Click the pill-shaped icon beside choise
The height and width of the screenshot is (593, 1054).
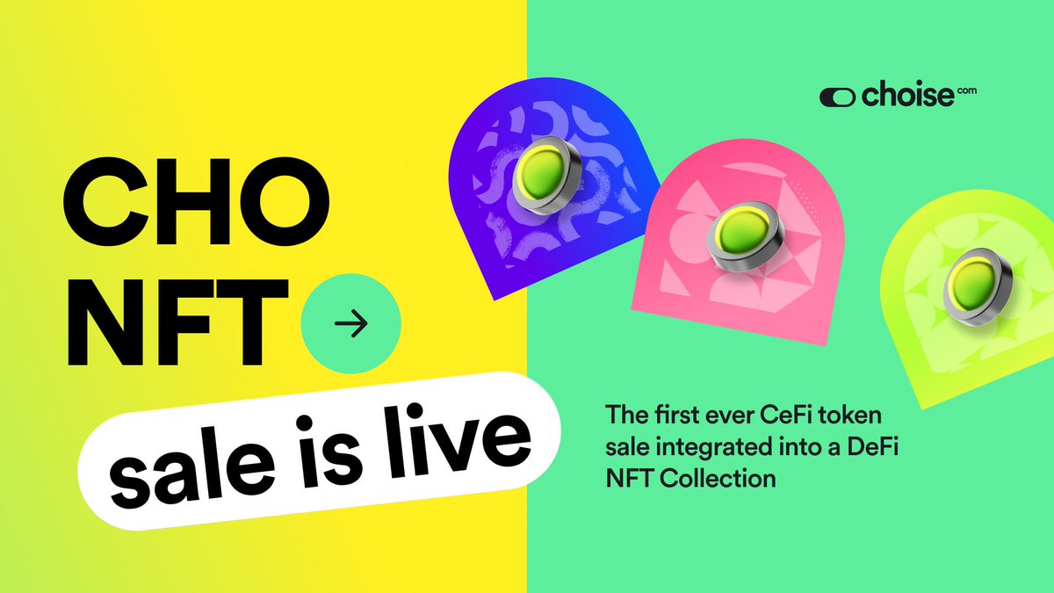[x=834, y=97]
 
